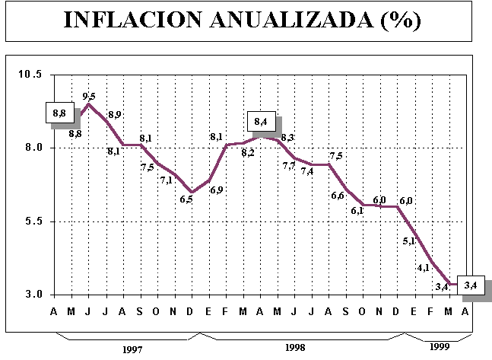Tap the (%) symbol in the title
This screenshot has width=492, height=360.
[398, 20]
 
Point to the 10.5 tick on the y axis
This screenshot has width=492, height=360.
[30, 74]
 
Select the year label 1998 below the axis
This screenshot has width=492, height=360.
[295, 347]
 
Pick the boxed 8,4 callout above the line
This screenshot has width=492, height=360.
[262, 122]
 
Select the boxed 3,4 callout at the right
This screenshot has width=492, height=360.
[470, 286]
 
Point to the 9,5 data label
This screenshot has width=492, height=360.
[89, 96]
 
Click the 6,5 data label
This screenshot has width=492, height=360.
[186, 199]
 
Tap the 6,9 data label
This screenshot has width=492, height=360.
[216, 190]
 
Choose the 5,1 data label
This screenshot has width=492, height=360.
[409, 241]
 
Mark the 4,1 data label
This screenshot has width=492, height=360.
[424, 268]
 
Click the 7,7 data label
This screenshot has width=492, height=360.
[289, 165]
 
